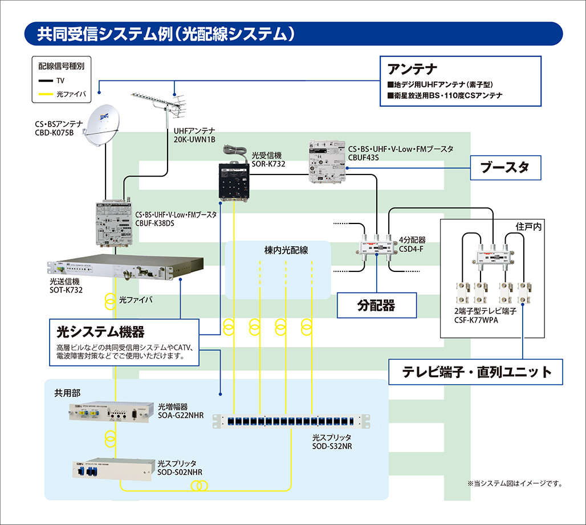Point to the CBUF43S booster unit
point(327,162)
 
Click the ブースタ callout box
point(504,168)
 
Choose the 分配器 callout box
point(376,306)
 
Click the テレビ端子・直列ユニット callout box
point(477,372)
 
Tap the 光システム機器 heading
point(100,331)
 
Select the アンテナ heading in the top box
point(412,70)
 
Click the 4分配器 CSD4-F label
point(412,244)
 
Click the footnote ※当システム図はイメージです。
point(515,483)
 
